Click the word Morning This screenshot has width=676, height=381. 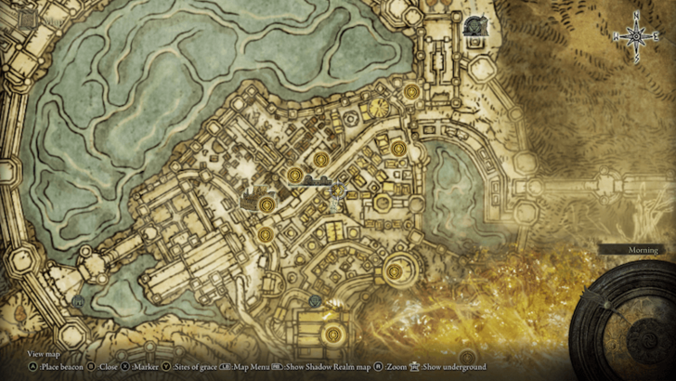point(640,250)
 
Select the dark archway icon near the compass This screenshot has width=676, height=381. point(476,26)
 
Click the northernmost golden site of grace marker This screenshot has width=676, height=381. point(411,90)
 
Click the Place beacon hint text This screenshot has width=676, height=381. point(58,367)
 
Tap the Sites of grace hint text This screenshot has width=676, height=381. point(190,367)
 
